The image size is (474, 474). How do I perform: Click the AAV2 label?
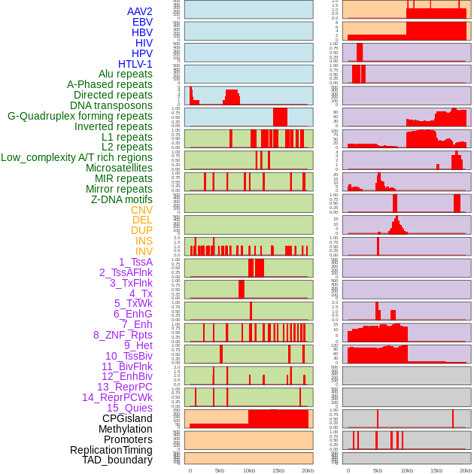139,12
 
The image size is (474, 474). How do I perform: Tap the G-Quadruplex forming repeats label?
80,116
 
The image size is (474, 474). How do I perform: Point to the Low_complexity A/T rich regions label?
77,157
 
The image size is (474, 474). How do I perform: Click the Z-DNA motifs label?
121,199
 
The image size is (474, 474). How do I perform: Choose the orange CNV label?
141,210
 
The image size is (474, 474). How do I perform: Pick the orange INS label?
143,241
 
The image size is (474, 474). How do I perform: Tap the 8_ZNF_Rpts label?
123,335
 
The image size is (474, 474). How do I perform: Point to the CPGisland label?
127,418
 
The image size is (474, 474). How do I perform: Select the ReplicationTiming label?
111,450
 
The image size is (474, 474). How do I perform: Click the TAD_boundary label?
117,460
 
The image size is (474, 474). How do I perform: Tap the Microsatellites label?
119,168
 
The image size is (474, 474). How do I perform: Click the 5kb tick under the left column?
220,470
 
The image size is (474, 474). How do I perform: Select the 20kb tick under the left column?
308,470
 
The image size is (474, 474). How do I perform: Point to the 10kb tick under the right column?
406,470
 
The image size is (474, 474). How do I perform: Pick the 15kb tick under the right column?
436,470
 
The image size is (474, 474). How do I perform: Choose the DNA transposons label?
111,105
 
